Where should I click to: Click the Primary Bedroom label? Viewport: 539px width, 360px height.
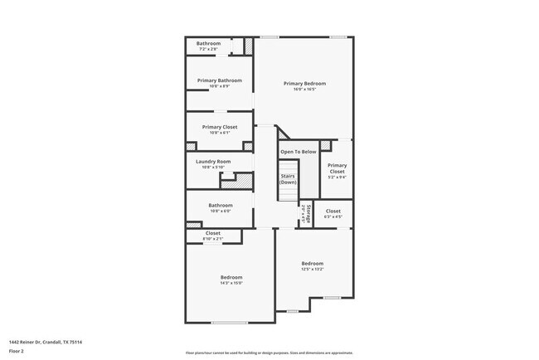click(304, 84)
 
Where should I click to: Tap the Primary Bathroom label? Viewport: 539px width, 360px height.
click(220, 80)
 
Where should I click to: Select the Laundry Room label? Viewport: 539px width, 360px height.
click(213, 161)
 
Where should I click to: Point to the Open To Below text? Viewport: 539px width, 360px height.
click(298, 152)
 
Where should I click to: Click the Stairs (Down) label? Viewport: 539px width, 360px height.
click(288, 179)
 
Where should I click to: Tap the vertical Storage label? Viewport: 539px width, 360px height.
click(308, 213)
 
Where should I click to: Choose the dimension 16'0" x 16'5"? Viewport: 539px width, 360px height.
click(304, 90)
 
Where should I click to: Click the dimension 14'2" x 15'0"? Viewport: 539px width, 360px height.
click(231, 283)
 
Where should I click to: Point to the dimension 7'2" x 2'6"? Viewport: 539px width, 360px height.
click(208, 50)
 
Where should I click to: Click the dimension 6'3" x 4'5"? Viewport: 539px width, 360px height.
click(333, 217)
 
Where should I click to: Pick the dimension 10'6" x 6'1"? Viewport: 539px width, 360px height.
click(220, 133)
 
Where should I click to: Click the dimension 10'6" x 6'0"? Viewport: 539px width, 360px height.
click(220, 211)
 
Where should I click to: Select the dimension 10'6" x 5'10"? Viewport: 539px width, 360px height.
click(213, 167)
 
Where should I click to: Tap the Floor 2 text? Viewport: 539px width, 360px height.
click(17, 352)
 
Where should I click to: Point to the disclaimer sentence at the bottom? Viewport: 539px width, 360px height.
click(269, 352)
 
